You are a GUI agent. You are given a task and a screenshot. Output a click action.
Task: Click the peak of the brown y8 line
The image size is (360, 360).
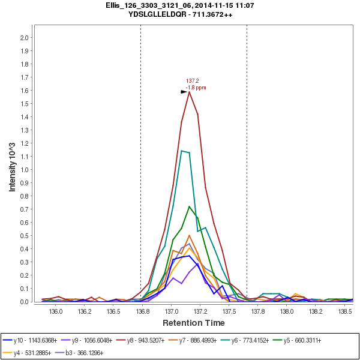pos(190,91)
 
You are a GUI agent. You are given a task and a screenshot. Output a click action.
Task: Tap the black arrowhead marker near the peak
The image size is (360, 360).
pos(184,92)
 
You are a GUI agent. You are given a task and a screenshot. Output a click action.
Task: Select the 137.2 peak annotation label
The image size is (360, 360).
pos(192,80)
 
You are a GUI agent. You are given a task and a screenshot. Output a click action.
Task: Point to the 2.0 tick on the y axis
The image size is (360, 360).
pos(25,38)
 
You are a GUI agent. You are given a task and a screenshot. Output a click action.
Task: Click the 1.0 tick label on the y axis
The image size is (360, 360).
pos(25,170)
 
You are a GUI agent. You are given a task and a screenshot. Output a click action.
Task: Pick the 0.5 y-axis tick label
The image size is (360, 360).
pos(25,236)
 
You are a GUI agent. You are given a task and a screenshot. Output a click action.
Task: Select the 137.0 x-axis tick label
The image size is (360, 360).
pos(172,312)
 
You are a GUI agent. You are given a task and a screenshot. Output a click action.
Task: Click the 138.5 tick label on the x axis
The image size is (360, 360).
pos(345,312)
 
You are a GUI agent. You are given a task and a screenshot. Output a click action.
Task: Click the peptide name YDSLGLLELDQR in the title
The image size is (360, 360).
pos(159,14)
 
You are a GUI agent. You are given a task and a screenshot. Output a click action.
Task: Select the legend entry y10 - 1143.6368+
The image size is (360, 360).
pos(34,340)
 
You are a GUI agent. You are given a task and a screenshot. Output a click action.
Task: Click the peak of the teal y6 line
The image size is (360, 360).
pos(181,151)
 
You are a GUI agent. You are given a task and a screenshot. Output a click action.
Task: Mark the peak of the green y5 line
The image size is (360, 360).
pos(190,206)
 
